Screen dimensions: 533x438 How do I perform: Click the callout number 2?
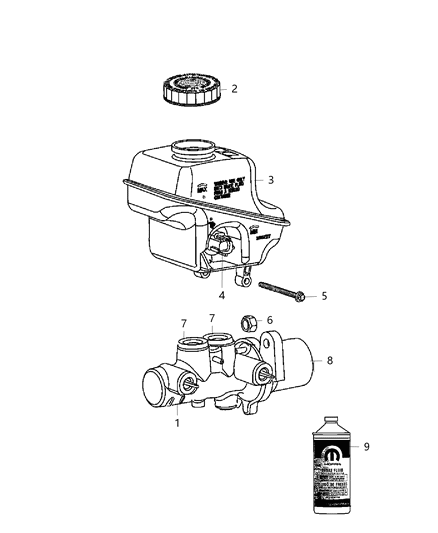[234, 89]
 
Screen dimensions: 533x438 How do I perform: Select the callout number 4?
[221, 296]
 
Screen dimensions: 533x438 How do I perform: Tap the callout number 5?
[324, 297]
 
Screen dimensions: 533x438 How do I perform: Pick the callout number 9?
[366, 447]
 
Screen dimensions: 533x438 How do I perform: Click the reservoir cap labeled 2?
[186, 88]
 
